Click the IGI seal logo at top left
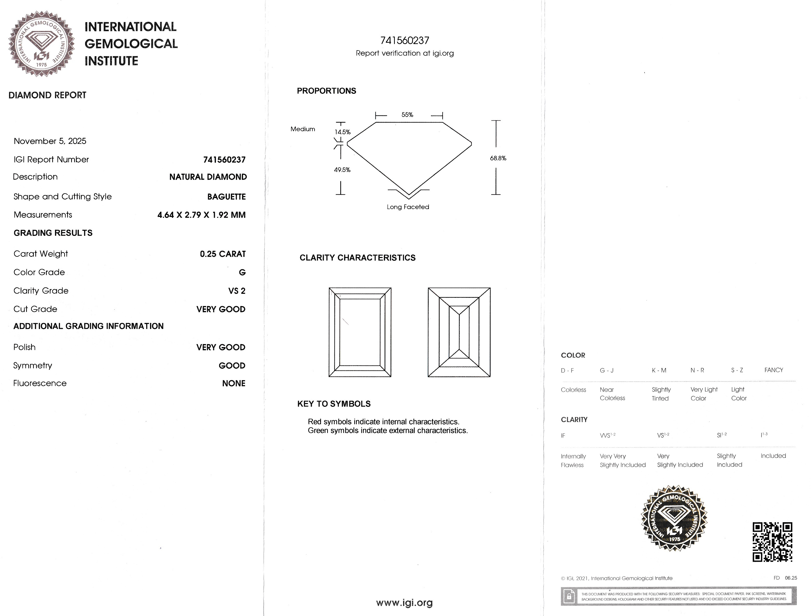[42, 44]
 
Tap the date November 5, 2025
[50, 141]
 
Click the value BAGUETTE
[226, 197]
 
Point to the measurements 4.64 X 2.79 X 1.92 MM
[201, 215]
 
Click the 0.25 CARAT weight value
[223, 254]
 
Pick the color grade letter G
[242, 272]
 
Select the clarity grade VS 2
[237, 291]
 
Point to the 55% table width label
[407, 115]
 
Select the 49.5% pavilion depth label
[342, 170]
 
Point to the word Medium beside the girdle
[303, 129]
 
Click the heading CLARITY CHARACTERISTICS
[357, 258]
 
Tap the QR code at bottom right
[772, 542]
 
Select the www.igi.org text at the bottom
[405, 602]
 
